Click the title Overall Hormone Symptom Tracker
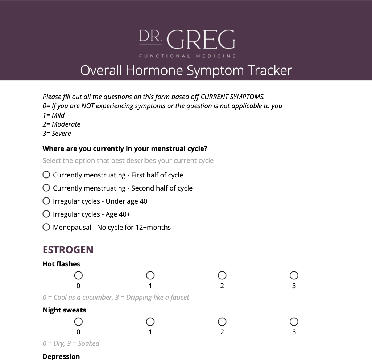(186, 70)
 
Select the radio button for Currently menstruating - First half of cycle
(46, 175)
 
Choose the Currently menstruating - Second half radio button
(46, 188)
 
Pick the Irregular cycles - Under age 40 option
(46, 201)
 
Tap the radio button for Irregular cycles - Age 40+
(46, 214)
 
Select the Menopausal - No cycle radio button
(46, 227)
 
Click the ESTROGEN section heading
(68, 250)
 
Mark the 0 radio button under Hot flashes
(78, 276)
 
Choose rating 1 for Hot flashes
(150, 276)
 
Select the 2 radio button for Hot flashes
(222, 276)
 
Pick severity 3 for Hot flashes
(294, 276)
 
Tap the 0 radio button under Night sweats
(78, 322)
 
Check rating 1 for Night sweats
(150, 322)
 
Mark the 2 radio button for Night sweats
(222, 322)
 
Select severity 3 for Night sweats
(294, 322)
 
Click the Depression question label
(61, 356)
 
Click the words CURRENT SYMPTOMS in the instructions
(232, 97)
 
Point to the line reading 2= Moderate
(61, 124)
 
